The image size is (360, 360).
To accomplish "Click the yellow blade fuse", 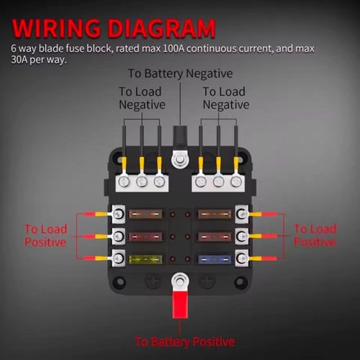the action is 145,259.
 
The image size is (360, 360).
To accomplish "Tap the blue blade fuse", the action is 215,259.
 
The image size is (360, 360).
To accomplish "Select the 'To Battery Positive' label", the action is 185,342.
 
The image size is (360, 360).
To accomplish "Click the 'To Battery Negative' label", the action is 180,73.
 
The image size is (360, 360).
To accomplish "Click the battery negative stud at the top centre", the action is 180,159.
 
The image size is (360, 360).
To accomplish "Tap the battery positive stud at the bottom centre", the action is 180,281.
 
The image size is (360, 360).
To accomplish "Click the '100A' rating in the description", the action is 174,48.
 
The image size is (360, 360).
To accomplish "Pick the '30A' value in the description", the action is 19,60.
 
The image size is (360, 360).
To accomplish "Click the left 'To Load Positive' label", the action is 45,235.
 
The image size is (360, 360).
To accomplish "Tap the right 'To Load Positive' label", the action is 315,235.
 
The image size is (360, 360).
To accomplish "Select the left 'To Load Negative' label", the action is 142,98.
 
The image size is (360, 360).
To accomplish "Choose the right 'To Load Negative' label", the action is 226,98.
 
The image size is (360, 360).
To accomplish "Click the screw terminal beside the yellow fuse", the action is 118,258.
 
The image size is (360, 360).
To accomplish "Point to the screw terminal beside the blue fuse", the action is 242,258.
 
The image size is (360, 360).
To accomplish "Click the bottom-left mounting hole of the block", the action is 120,281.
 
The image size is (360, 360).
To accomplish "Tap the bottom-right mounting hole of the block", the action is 240,281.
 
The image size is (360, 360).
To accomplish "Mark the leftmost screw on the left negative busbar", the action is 125,182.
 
